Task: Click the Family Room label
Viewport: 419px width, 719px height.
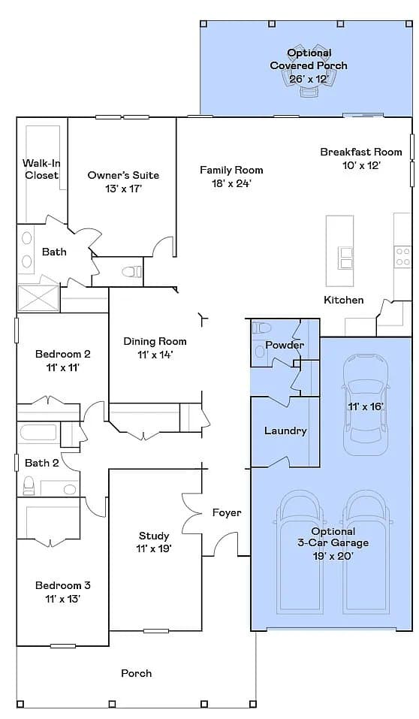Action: [231, 170]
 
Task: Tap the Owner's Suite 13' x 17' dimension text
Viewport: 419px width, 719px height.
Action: [123, 188]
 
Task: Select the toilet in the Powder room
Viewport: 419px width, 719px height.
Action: [262, 328]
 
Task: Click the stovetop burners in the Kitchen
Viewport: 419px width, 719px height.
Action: [402, 257]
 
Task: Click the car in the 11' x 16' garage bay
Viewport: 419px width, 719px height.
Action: [365, 405]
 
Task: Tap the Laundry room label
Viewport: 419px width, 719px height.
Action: [285, 431]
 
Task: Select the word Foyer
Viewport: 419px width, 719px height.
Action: [227, 512]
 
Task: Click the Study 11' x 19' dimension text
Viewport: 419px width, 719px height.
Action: [154, 548]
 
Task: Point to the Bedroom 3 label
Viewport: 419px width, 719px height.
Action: [63, 585]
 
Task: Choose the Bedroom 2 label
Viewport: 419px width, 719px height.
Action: [63, 354]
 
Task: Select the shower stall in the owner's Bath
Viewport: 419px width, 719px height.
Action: [38, 298]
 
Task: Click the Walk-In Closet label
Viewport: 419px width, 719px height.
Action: [41, 169]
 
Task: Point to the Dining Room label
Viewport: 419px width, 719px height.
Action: [155, 341]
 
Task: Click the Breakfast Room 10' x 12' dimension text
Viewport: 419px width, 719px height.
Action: [362, 165]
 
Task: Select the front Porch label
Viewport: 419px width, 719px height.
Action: [136, 673]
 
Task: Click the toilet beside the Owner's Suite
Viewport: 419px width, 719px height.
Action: [132, 272]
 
